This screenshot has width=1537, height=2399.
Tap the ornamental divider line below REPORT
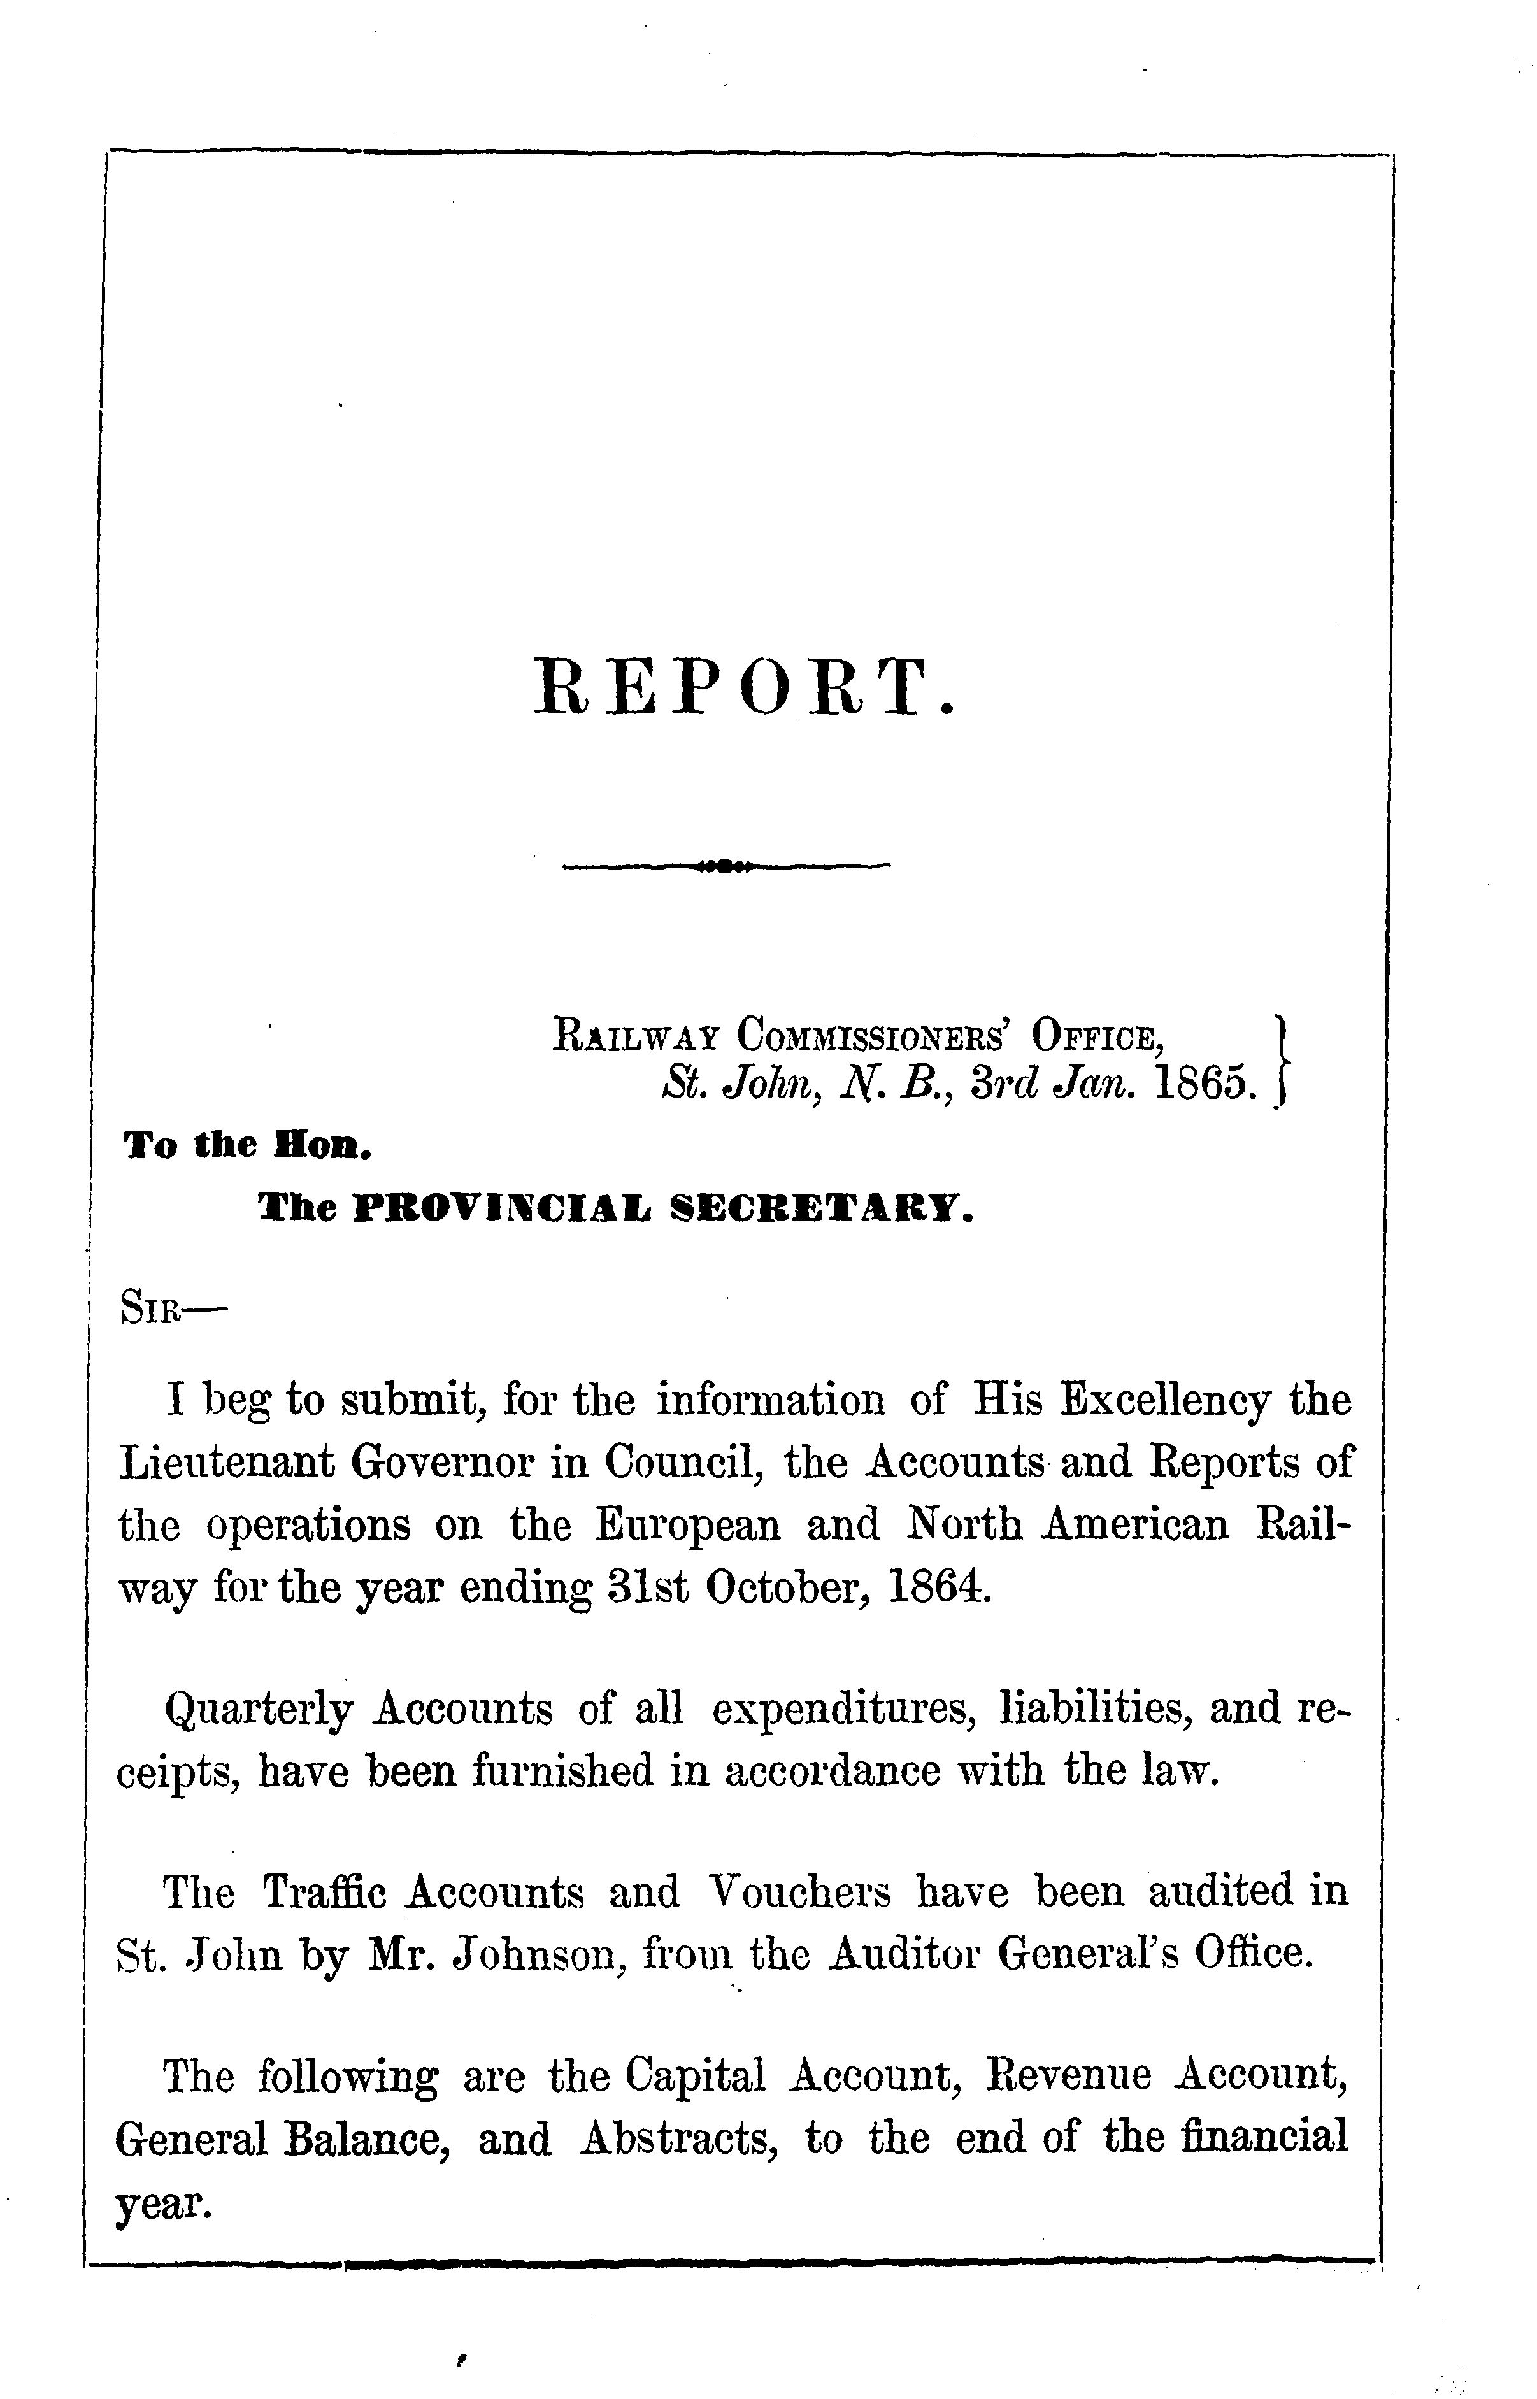726,864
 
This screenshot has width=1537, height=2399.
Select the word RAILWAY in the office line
636,1035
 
